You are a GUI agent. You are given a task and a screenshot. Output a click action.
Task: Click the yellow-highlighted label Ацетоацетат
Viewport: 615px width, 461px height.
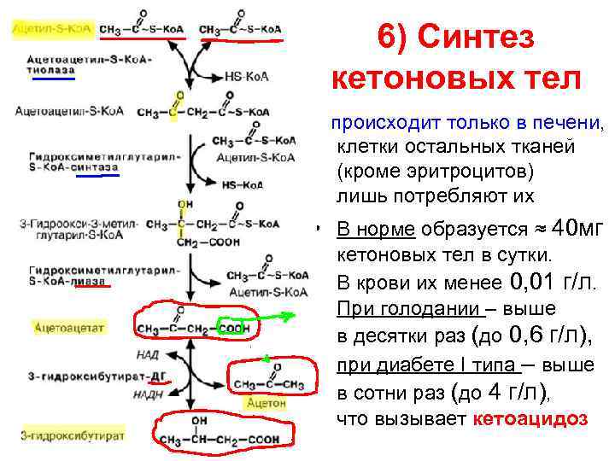click(69, 326)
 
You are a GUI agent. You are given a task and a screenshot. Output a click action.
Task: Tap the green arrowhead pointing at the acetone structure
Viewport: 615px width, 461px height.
click(266, 359)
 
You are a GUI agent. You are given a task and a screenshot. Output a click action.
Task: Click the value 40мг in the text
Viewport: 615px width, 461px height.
click(578, 229)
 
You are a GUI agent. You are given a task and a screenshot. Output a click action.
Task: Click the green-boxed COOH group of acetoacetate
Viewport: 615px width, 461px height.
click(233, 328)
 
